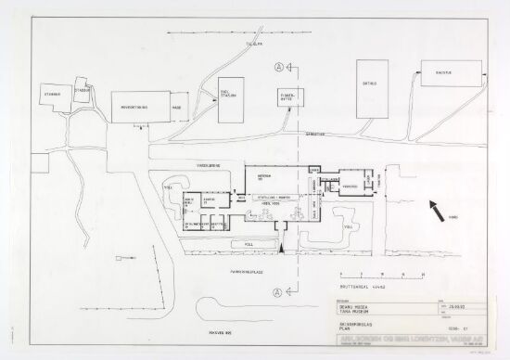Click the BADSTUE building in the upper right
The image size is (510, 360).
tap(452, 72)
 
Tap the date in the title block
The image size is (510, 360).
tap(458, 304)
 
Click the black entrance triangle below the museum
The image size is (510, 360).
tap(279, 249)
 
